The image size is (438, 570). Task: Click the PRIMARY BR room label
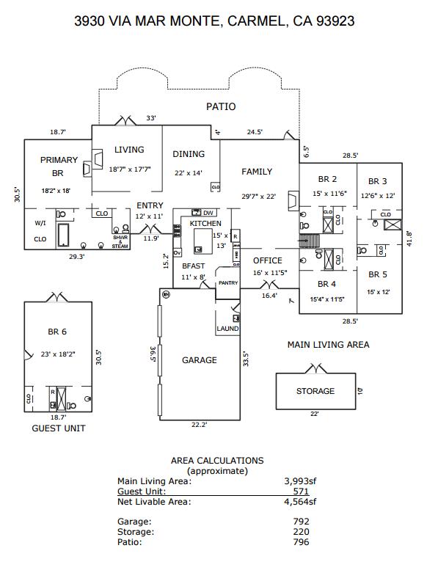59,167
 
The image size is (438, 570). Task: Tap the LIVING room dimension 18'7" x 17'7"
130,169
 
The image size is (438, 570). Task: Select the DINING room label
189,154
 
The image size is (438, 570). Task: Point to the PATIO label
221,106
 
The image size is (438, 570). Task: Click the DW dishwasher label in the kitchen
208,213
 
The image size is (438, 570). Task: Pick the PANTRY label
228,282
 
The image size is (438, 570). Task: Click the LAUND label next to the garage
227,329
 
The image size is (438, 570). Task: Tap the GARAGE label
200,360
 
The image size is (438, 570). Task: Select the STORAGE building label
315,391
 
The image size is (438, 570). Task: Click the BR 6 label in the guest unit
58,332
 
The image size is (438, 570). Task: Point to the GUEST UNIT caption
58,428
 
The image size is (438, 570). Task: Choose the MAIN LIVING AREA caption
328,344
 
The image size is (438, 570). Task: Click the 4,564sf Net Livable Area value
300,502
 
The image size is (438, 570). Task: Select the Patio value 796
301,542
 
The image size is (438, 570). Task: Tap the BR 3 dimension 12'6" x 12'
377,195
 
